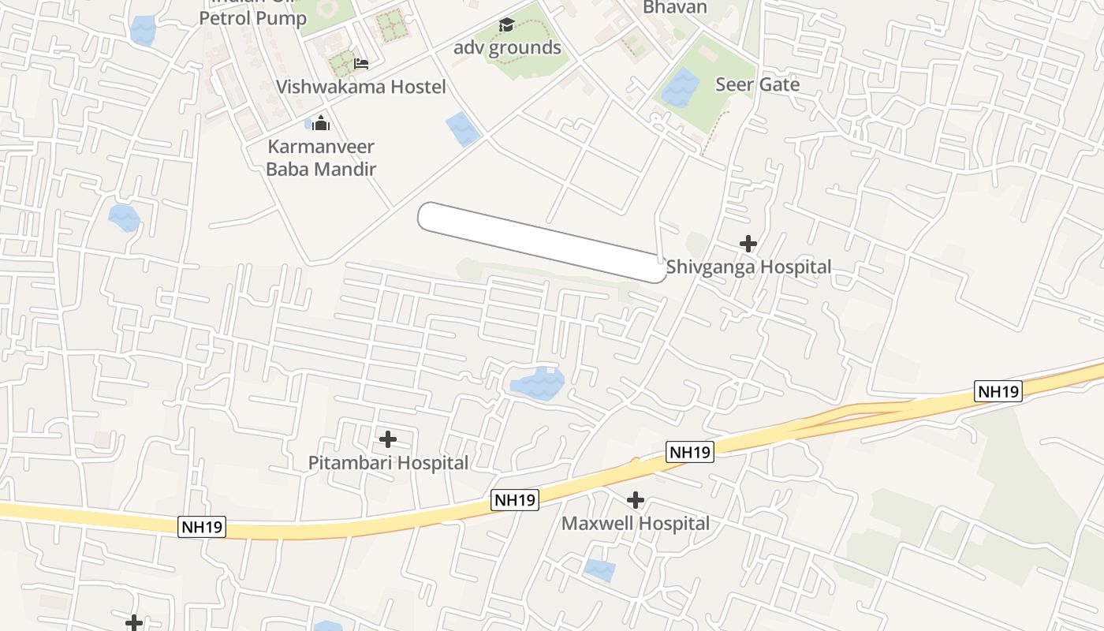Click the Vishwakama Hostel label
360,87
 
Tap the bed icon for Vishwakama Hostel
361,63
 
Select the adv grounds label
507,48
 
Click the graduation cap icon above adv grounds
506,25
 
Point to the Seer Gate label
757,84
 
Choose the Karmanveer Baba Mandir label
321,158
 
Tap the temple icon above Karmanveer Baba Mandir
321,123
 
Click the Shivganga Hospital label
748,267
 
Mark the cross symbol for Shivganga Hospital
748,244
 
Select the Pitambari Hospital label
388,463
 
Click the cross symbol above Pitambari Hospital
388,439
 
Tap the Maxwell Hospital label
636,523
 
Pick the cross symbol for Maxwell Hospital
636,500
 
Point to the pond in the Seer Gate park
681,87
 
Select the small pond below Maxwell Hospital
599,569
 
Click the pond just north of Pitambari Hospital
538,383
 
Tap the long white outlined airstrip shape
542,242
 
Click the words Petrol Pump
253,18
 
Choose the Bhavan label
675,8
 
